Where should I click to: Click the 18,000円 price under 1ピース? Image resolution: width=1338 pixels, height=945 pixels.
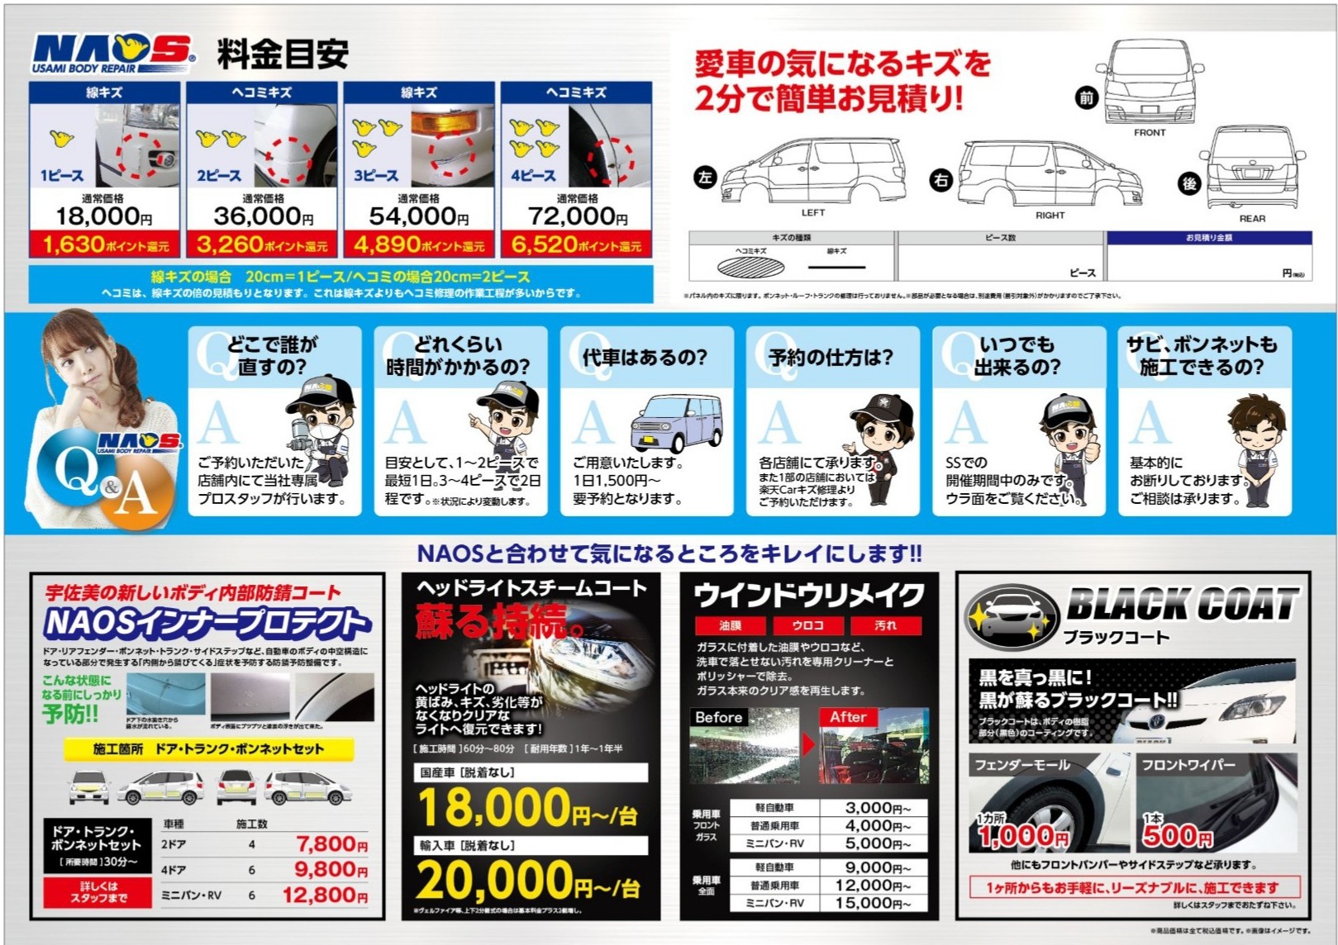point(103,216)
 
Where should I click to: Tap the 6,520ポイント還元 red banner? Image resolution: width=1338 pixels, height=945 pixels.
point(576,245)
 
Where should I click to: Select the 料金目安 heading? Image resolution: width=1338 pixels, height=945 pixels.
point(283,55)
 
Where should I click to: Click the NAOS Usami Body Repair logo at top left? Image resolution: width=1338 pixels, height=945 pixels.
point(113,53)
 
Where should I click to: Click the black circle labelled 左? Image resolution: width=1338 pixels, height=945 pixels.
point(704,177)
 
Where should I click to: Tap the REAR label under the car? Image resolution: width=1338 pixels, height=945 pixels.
point(1251,219)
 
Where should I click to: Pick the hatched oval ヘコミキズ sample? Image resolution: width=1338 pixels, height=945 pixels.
point(750,267)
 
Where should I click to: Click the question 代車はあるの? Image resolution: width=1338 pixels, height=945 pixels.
point(645,357)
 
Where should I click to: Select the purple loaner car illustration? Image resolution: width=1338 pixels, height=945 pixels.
point(675,421)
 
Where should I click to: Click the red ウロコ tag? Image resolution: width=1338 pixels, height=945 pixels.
point(807,625)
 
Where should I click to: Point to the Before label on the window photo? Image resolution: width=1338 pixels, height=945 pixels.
point(718,717)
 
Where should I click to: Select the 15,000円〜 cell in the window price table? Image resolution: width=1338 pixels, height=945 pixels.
point(877,903)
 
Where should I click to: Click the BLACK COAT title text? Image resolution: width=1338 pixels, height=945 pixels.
point(1182,604)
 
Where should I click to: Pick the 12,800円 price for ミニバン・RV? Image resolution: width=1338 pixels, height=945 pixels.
point(325,895)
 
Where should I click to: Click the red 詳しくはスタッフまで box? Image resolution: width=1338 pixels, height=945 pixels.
point(98,892)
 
